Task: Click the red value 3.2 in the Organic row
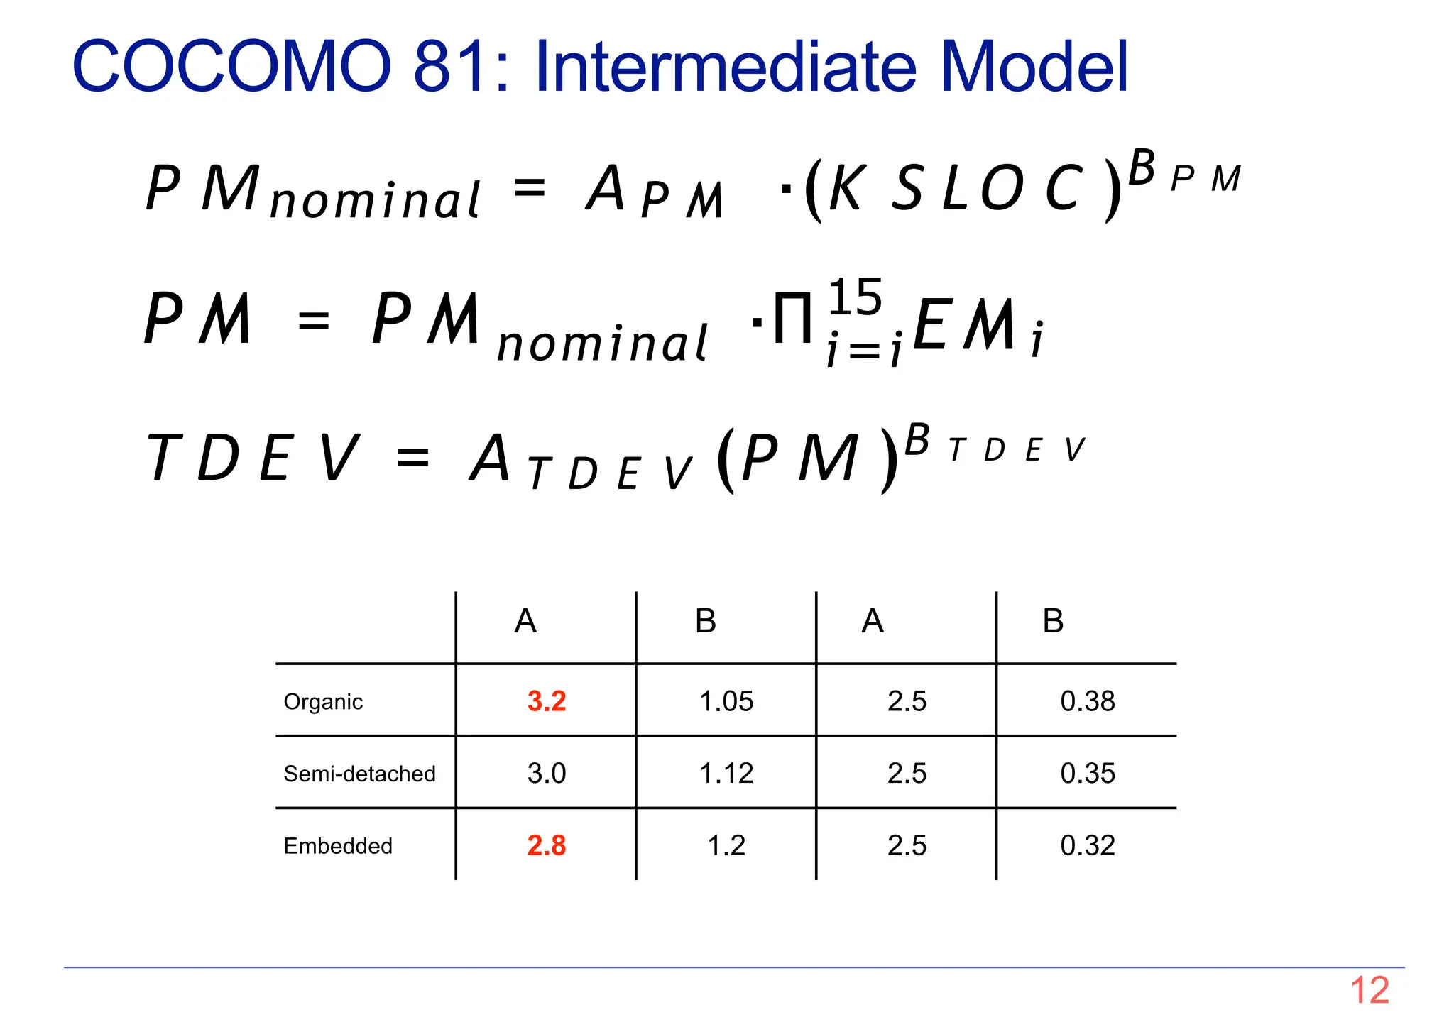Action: pos(546,701)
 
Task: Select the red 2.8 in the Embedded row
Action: pos(546,845)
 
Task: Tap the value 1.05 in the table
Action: pos(726,701)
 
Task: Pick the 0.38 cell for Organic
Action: pos(1087,701)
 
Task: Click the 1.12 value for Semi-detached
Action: pos(726,773)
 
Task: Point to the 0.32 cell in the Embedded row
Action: pos(1087,845)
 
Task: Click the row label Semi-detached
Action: pos(359,774)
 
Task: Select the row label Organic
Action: pos(323,702)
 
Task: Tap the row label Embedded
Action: pos(337,846)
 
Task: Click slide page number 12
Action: pos(1369,990)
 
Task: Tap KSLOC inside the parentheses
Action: pos(955,188)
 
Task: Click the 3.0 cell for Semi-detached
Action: pos(546,773)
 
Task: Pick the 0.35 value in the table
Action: pos(1087,773)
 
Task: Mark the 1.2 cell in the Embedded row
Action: pos(726,845)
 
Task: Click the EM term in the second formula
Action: pos(964,325)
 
